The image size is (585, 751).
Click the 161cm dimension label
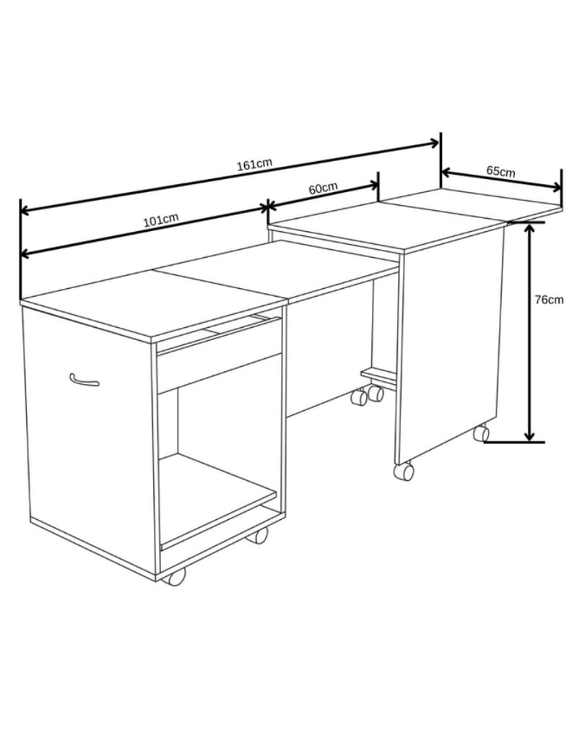254,164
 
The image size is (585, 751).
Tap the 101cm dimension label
161,220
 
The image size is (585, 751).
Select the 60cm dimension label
322,188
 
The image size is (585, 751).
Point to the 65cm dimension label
500,170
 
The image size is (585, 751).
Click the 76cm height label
549,300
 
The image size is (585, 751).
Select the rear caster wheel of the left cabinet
257,535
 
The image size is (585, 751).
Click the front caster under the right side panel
404,472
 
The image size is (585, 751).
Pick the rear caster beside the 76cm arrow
482,433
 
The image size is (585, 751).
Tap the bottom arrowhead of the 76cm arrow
529,435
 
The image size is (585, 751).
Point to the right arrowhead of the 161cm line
433,142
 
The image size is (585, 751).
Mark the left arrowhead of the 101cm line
27,253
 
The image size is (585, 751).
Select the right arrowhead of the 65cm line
555,187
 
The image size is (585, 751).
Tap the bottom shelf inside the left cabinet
218,498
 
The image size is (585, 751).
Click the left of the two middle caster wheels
358,397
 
